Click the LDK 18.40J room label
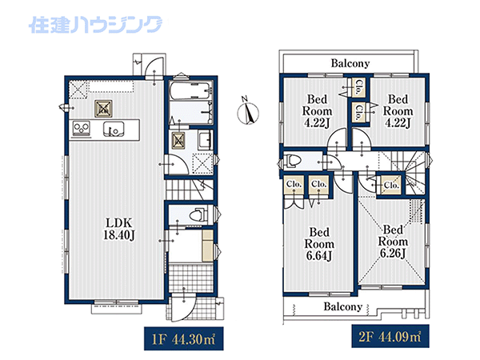click(118, 229)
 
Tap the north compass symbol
click(248, 112)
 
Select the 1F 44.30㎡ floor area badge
click(184, 338)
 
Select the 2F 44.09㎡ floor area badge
click(390, 337)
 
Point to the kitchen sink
click(114, 129)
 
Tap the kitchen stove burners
click(82, 129)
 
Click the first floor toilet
click(198, 214)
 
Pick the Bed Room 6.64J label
click(319, 244)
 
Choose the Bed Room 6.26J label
click(393, 242)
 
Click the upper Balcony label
click(350, 63)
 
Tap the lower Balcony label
click(343, 306)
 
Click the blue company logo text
click(95, 25)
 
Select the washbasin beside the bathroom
click(205, 139)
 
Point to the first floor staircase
click(190, 190)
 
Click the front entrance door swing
click(182, 308)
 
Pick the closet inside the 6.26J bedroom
click(391, 185)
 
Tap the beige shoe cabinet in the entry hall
click(207, 246)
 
